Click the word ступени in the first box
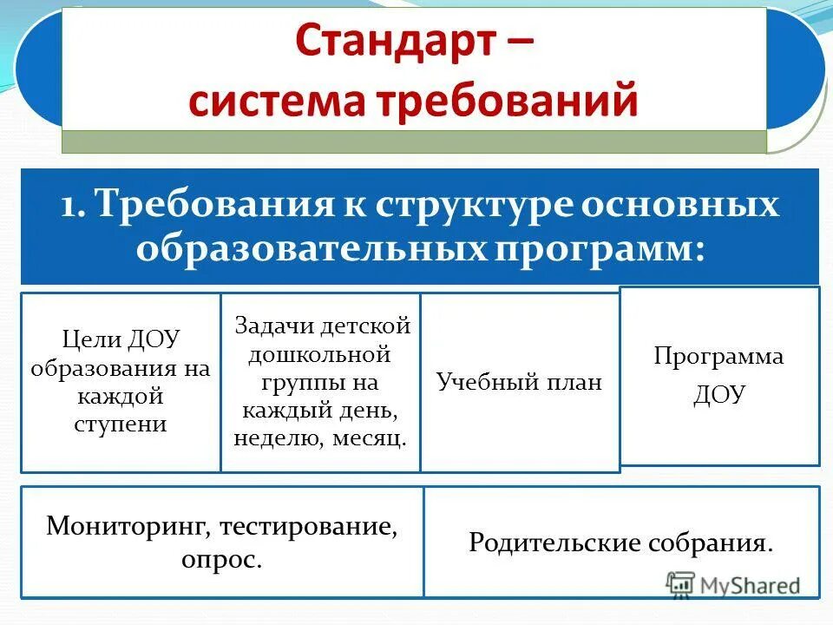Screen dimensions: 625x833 [x=121, y=424]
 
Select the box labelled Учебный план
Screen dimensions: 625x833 [x=519, y=383]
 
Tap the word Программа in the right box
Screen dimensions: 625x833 [x=718, y=357]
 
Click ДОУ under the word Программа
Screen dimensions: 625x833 [x=718, y=396]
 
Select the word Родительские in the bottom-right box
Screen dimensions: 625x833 [x=552, y=543]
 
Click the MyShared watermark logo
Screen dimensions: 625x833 [x=733, y=585]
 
